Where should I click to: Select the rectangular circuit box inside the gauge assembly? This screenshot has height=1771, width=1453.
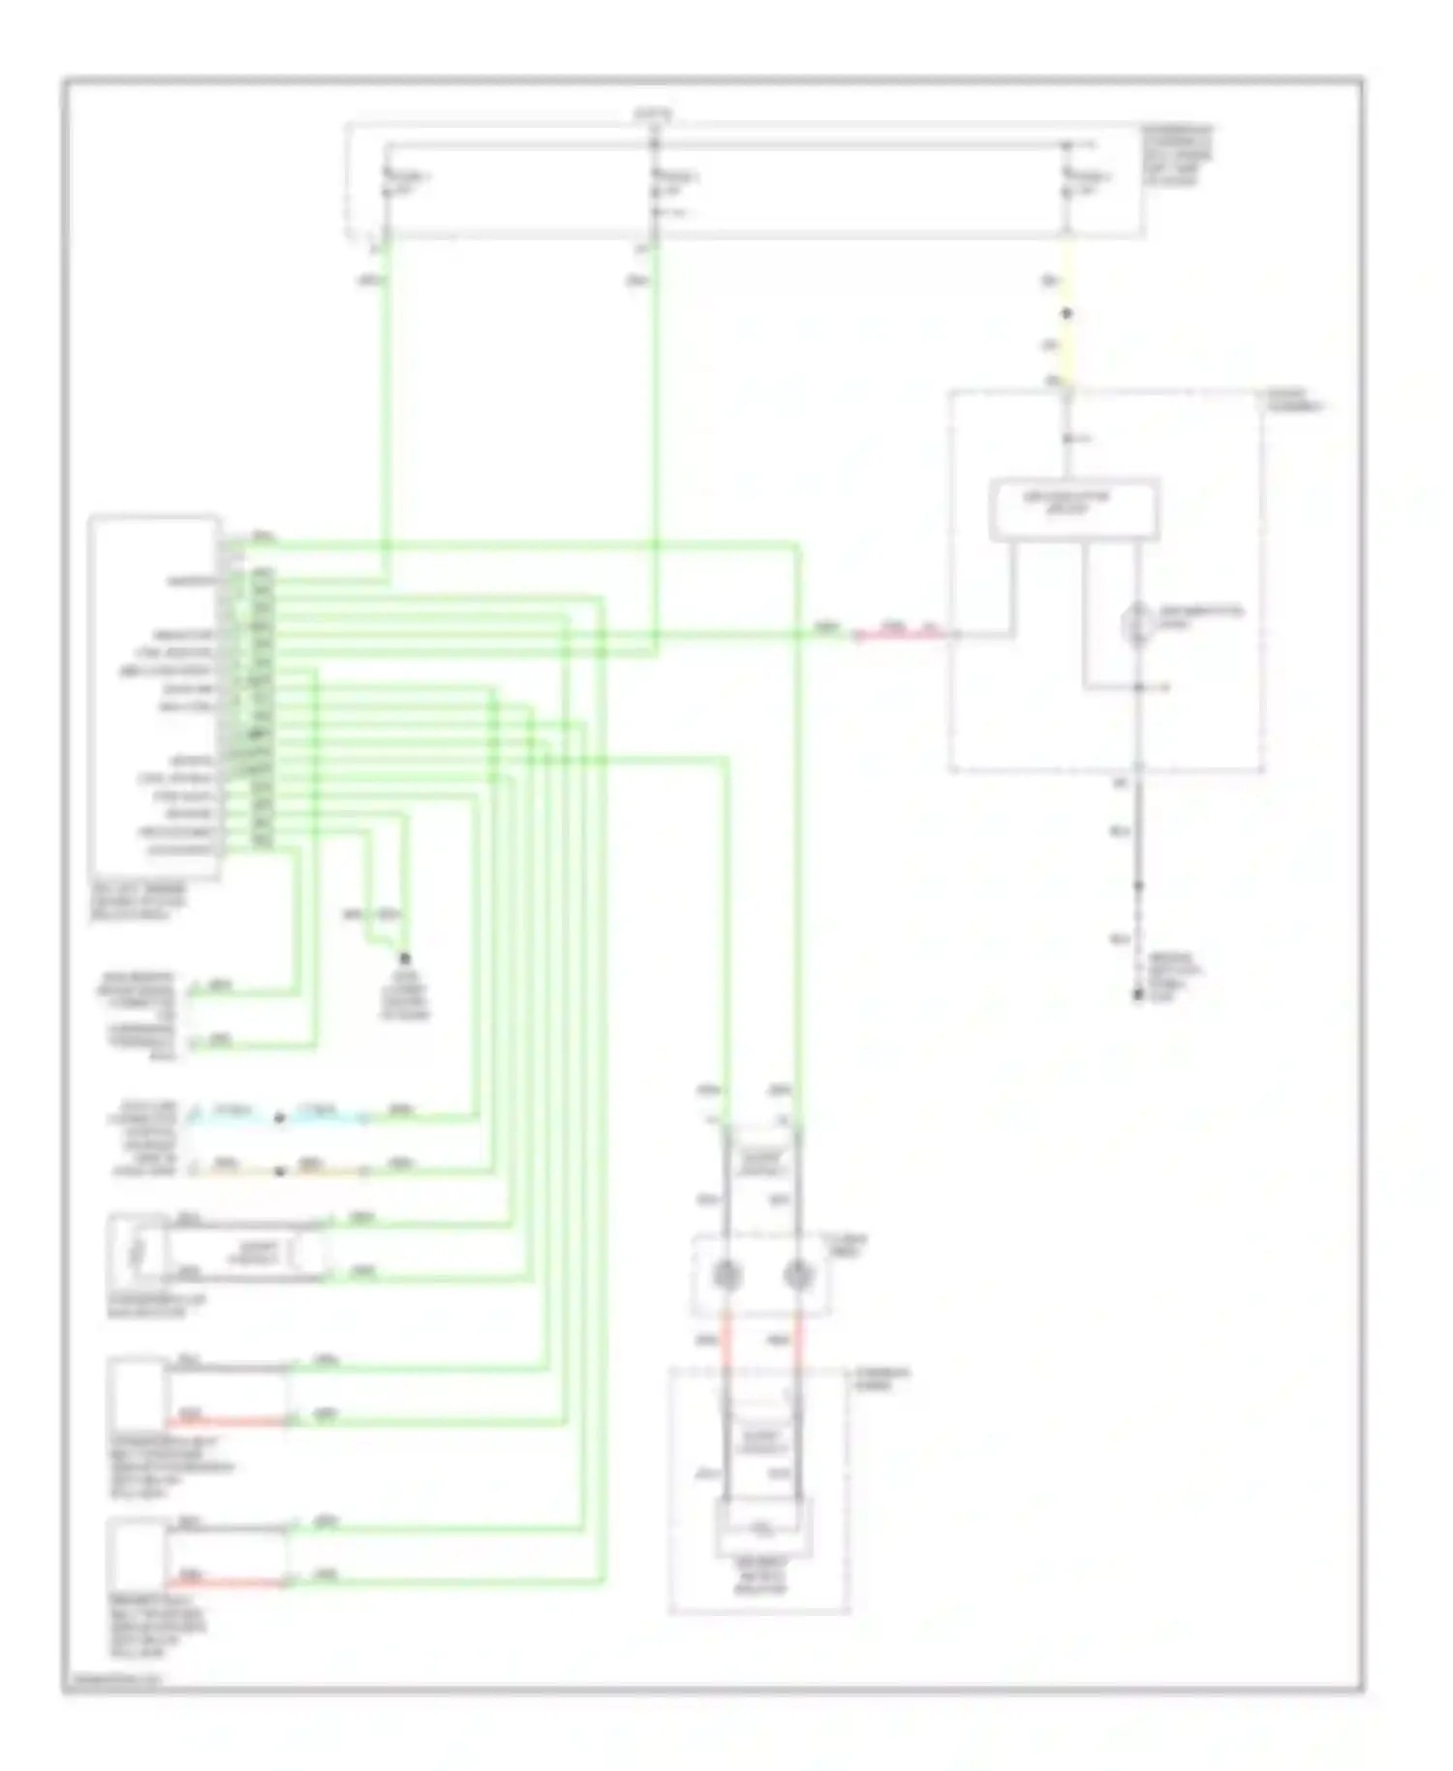(x=1073, y=509)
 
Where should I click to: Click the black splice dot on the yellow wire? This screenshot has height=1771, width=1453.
(x=1067, y=314)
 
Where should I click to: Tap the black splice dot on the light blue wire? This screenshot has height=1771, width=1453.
(x=279, y=1118)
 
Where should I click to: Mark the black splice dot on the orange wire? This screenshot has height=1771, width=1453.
(x=279, y=1171)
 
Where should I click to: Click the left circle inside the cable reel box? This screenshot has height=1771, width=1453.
(x=726, y=1275)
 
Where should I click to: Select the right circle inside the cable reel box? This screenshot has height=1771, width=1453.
(x=797, y=1275)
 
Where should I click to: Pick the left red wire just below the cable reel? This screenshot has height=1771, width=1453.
(x=726, y=1342)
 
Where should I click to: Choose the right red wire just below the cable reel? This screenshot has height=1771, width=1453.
(x=797, y=1342)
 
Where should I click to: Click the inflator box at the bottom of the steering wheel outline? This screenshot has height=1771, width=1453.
(x=762, y=1529)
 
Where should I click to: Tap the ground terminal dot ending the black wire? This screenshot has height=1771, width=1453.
(x=1138, y=996)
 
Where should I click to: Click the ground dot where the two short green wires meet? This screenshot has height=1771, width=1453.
(x=405, y=956)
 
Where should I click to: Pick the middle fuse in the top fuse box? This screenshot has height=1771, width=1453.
(x=655, y=182)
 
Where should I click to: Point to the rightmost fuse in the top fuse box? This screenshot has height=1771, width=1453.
(x=1067, y=182)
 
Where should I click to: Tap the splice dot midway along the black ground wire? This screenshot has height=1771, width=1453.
(x=1138, y=885)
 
